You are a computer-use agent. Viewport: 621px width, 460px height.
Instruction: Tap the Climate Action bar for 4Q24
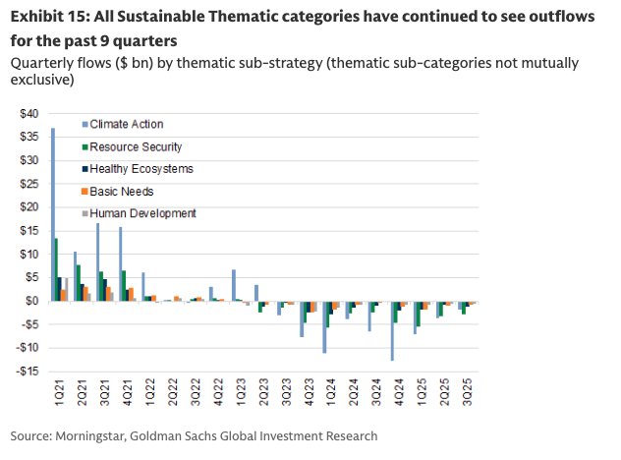click(x=392, y=331)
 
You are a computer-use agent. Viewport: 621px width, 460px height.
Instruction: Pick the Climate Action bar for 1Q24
click(x=324, y=326)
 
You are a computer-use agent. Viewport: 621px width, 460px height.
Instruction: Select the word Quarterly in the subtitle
click(x=39, y=63)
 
